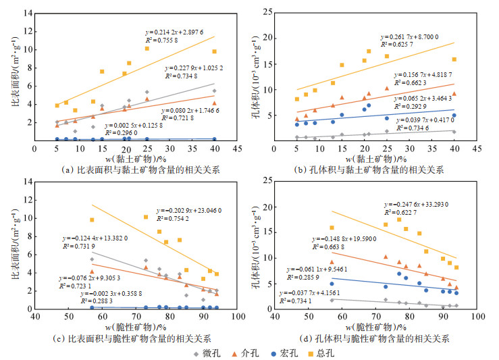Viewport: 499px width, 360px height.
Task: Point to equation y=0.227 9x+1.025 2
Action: [199, 68]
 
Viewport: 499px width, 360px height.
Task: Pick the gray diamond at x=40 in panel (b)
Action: [454, 132]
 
